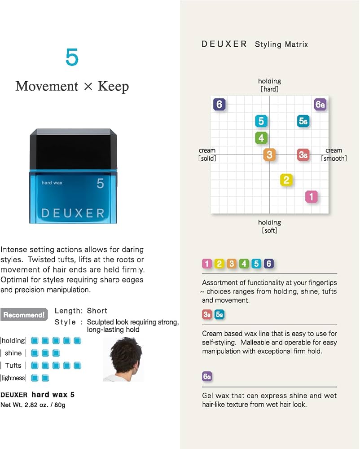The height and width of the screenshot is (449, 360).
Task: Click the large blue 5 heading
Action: point(72,57)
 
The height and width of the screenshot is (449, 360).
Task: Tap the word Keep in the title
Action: point(113,87)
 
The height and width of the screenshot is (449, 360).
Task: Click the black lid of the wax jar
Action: point(73,149)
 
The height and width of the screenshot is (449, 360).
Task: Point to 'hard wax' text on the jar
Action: point(52,183)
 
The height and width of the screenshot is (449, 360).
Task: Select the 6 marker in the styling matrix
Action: point(219,104)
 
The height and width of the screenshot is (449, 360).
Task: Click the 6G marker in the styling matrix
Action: point(320,104)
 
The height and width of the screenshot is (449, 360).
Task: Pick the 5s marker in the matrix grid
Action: point(303,121)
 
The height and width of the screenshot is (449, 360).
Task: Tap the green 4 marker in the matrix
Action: point(261,138)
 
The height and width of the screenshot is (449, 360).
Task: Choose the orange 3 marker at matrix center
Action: point(270,154)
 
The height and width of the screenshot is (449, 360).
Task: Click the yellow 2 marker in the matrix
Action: point(286,180)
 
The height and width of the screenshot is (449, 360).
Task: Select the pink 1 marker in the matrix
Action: point(312,197)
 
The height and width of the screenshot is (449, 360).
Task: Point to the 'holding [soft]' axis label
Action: point(270,226)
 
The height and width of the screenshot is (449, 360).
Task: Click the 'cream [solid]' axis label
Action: point(207,154)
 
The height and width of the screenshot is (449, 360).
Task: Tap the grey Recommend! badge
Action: point(24,315)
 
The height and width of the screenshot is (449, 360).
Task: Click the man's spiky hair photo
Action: point(123,359)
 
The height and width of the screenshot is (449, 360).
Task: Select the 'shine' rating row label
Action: point(13,353)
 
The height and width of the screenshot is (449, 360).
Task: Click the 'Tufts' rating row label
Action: point(13,365)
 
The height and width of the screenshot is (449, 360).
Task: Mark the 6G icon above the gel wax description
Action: point(207,376)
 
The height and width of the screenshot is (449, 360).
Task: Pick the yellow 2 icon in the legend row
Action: point(219,264)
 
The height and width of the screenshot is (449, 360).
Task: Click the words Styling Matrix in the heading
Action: point(281,44)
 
